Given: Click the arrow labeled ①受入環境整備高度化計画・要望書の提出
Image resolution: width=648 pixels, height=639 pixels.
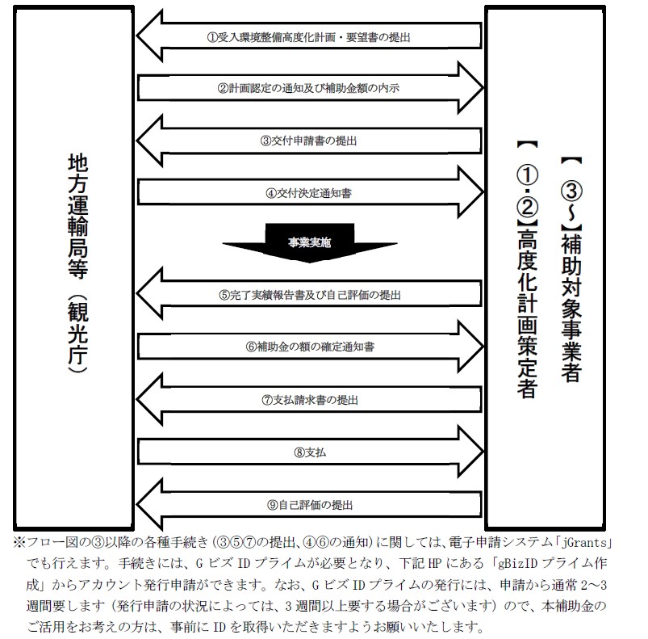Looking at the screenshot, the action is (309, 36).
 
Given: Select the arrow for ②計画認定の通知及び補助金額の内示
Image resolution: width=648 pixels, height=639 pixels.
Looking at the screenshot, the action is (310, 88).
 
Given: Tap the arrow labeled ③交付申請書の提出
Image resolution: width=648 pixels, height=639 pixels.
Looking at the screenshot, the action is (309, 141).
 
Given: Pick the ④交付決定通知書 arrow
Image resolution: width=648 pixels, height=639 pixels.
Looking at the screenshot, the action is (310, 192).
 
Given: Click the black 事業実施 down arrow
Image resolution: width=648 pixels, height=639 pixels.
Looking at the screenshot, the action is (310, 243).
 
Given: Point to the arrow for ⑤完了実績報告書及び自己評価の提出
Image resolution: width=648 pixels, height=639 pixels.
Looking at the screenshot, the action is (309, 294).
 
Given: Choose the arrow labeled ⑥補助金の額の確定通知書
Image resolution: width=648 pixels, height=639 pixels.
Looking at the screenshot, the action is (310, 347).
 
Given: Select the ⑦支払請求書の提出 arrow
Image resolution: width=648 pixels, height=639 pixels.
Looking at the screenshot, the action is (309, 400).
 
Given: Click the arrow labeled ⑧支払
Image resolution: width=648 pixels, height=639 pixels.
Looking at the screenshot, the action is (310, 452).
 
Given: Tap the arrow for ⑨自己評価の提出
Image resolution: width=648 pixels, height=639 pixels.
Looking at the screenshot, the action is (309, 505).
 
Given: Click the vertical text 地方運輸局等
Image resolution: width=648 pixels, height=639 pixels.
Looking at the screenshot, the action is (77, 217).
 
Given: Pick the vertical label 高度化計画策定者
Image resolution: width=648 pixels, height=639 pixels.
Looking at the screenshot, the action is (527, 313).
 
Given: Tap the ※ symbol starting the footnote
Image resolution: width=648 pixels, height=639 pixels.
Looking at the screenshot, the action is (19, 542).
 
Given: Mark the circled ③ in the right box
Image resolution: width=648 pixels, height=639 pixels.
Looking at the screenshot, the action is (571, 191).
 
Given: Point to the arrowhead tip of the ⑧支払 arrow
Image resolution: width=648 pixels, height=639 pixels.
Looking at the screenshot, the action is (483, 452).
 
